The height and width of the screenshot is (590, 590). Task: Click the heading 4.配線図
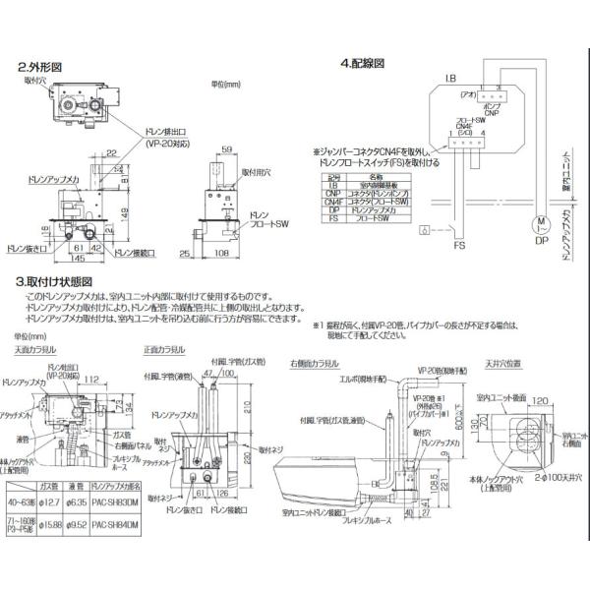point(361,64)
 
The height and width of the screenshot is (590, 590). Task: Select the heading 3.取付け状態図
point(56,280)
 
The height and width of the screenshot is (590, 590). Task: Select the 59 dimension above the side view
point(226,148)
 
